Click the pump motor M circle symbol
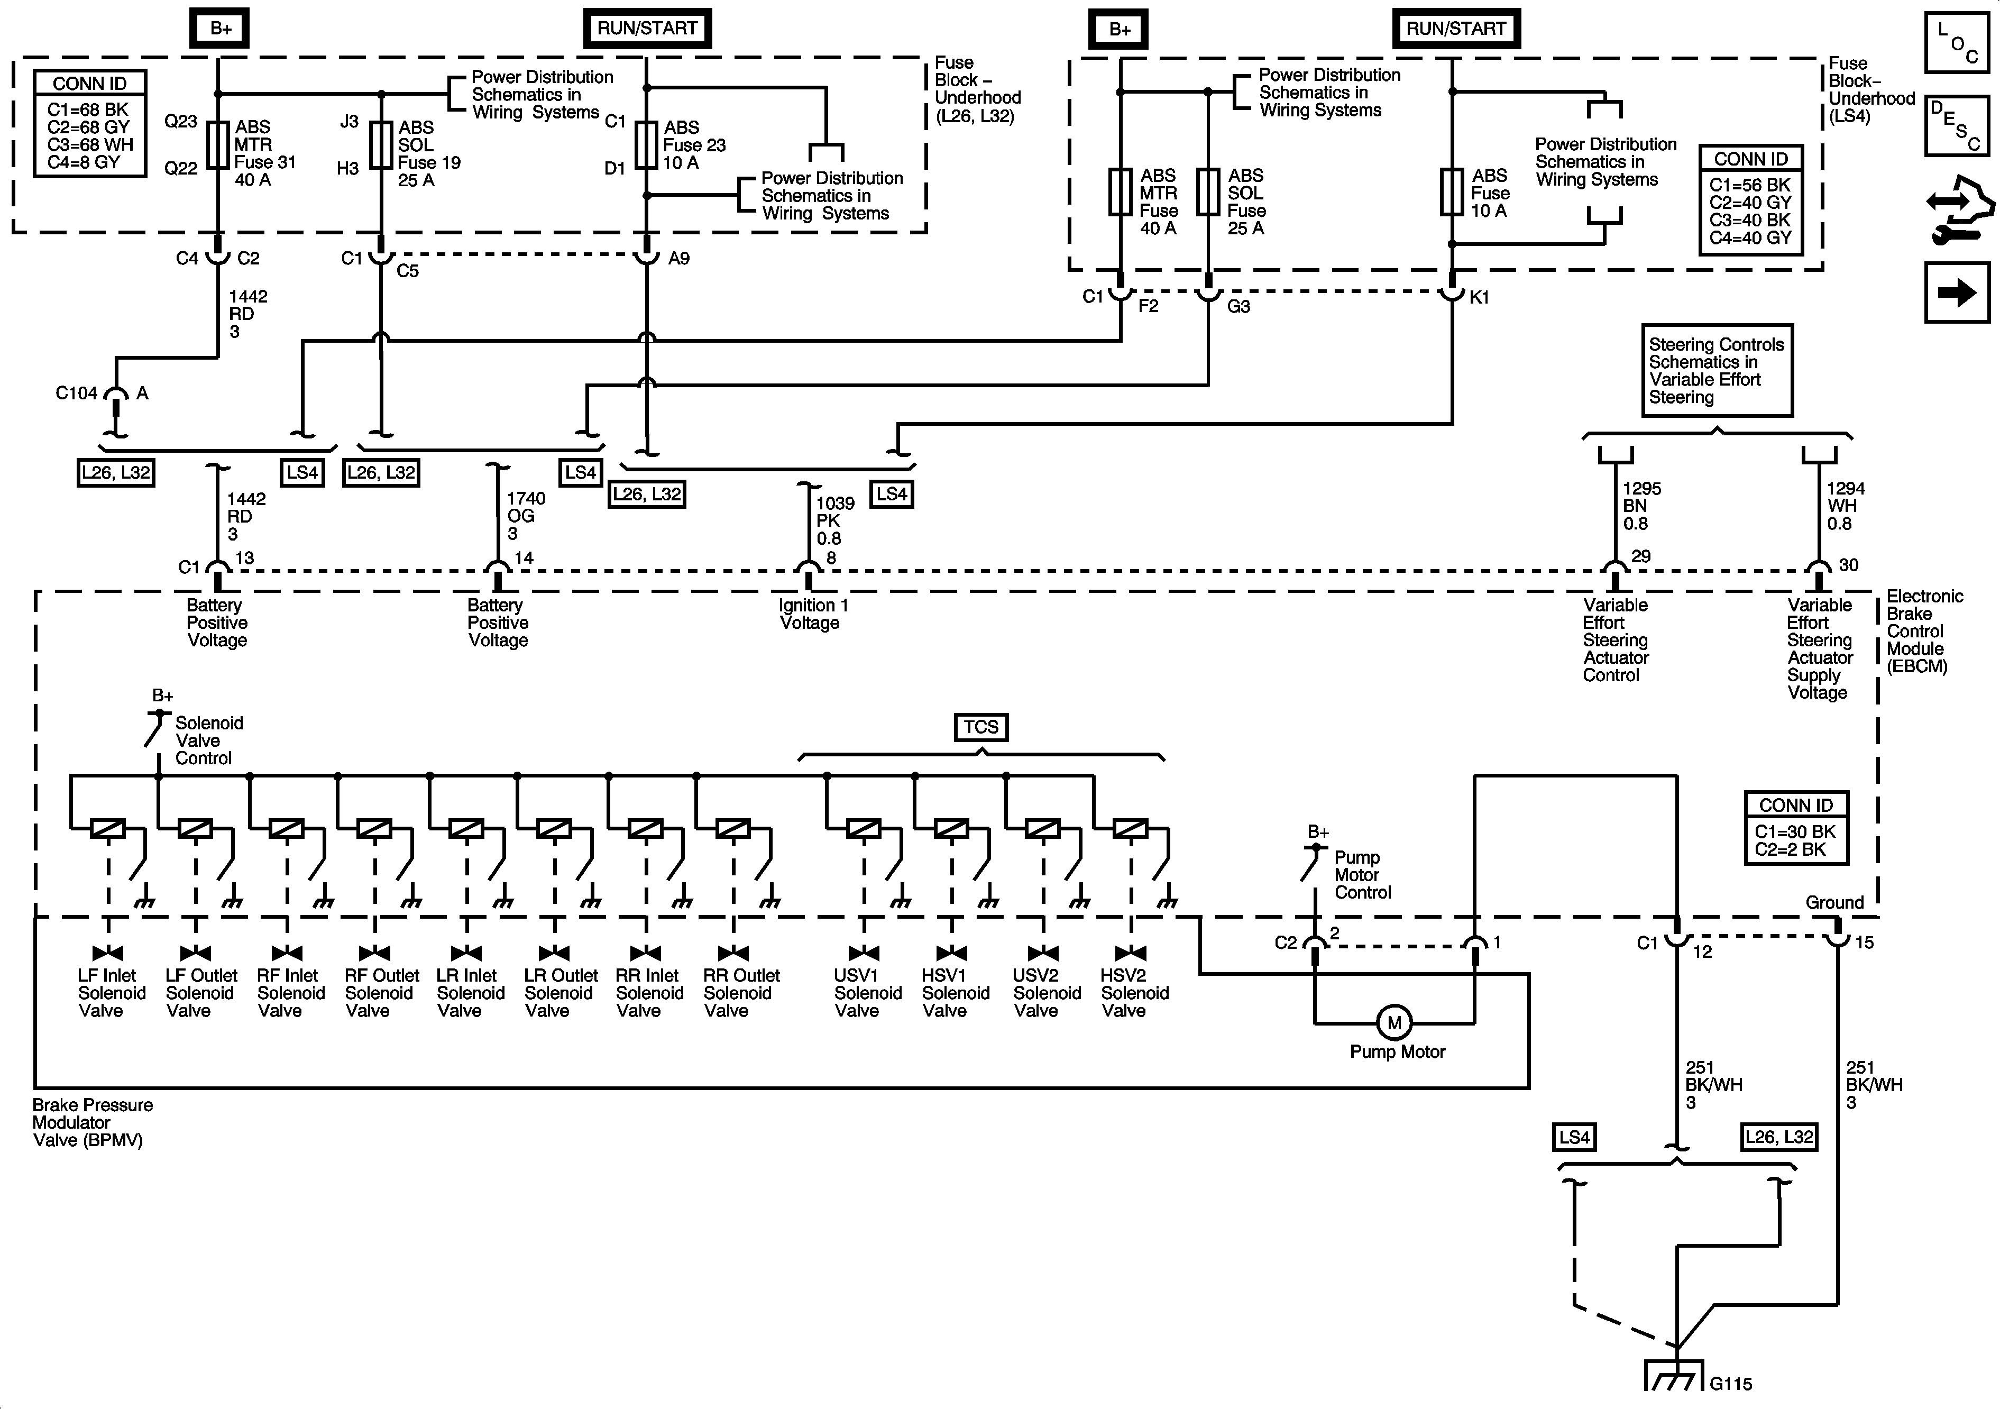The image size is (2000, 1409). (x=1394, y=1023)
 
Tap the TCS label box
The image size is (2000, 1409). (x=981, y=727)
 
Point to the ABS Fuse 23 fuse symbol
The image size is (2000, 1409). (x=646, y=144)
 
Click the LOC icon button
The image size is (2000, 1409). (x=1957, y=42)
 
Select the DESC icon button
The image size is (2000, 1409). (x=1957, y=125)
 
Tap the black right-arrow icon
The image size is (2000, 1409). (x=1957, y=292)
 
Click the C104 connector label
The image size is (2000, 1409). (x=77, y=393)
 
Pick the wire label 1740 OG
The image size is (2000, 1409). (x=525, y=515)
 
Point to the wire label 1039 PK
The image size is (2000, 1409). (x=833, y=520)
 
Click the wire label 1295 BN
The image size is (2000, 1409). (x=1640, y=506)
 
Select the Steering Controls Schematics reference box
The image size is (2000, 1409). (x=1716, y=370)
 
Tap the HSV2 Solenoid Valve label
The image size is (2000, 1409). (x=1133, y=992)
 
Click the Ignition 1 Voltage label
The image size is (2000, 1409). (x=812, y=614)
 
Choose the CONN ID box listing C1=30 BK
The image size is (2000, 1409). (x=1795, y=828)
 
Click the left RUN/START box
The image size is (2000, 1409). (x=646, y=28)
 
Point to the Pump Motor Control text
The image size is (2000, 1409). (x=1362, y=875)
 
